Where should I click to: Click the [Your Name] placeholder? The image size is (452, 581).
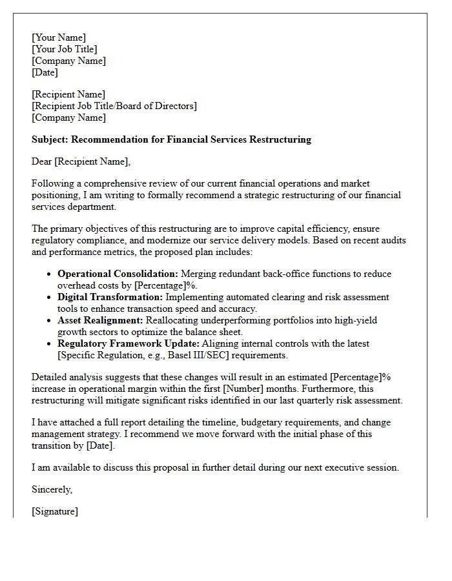coord(59,37)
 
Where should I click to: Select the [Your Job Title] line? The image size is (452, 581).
coord(65,49)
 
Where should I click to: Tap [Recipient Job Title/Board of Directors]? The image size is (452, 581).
coord(114,106)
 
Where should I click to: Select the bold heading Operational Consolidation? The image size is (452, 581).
coord(118,274)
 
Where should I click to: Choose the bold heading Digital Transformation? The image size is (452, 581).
coord(110,297)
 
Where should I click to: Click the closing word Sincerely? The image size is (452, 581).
coord(52,489)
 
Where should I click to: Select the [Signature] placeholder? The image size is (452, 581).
coord(55,511)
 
